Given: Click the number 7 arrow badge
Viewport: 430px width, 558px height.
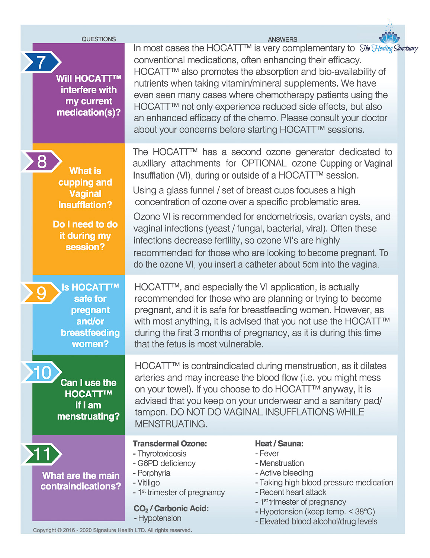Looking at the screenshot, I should (41, 62).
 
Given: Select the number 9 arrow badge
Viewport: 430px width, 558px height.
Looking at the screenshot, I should (41, 293).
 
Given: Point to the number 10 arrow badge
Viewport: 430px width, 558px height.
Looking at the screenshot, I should (42, 372).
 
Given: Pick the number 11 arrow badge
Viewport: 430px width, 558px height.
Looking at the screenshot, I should (42, 454).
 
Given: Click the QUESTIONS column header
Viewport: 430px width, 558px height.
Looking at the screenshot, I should (99, 39).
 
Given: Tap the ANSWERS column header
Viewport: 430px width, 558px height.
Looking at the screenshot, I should (282, 39).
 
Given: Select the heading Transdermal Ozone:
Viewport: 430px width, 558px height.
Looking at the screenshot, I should (170, 443).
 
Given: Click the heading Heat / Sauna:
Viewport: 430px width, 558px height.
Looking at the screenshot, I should (279, 443).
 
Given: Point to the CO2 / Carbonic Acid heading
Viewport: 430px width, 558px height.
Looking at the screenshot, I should (171, 509).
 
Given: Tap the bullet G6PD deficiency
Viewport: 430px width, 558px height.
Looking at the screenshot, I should (164, 463).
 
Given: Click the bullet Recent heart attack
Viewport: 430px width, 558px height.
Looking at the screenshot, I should (291, 492).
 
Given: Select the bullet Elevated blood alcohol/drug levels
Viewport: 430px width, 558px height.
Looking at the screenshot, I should (317, 522).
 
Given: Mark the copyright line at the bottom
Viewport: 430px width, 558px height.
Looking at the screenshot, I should (112, 530).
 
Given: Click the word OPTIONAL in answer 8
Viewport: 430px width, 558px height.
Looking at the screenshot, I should (264, 163).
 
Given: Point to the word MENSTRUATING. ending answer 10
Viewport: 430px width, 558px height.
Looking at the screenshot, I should (171, 424).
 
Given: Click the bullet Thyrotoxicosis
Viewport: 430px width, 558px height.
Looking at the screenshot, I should (160, 453).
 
